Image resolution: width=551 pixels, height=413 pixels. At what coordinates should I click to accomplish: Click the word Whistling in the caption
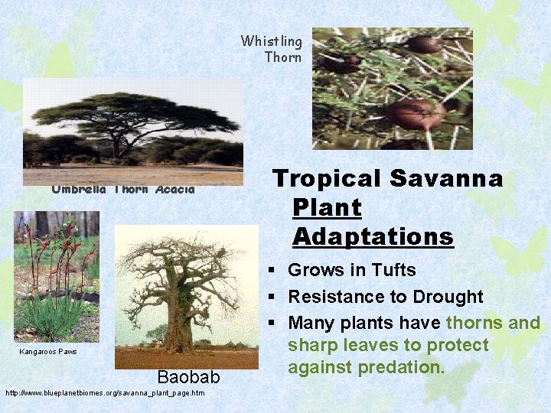(271, 41)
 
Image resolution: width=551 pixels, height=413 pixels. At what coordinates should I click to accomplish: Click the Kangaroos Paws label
(47, 352)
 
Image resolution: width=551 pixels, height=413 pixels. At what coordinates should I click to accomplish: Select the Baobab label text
(188, 377)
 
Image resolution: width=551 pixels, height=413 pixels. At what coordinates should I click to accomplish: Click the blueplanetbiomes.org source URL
(105, 393)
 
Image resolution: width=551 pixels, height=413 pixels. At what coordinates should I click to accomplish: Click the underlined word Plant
(327, 207)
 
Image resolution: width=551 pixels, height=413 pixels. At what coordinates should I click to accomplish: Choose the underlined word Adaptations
(373, 236)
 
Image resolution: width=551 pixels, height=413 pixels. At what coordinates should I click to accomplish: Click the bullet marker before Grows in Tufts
(272, 271)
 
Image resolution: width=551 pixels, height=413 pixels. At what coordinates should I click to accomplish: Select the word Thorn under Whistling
(283, 57)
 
